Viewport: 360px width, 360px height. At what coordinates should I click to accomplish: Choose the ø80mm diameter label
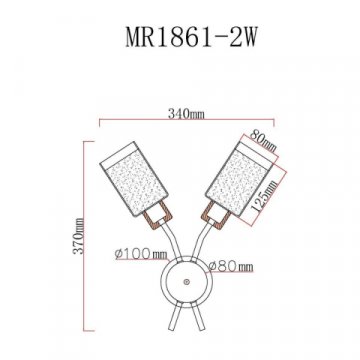(230, 268)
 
